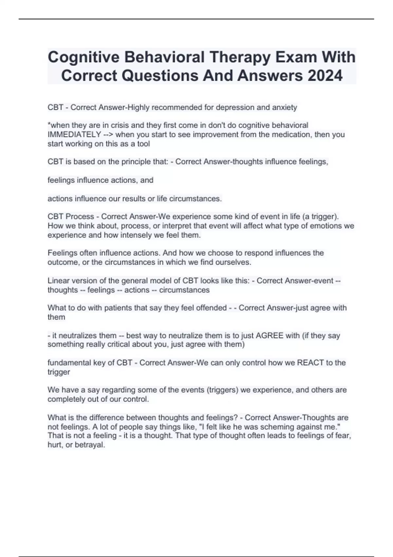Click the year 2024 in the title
point(325,75)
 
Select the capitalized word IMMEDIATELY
point(74,135)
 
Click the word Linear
point(58,281)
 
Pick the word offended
point(211,308)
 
